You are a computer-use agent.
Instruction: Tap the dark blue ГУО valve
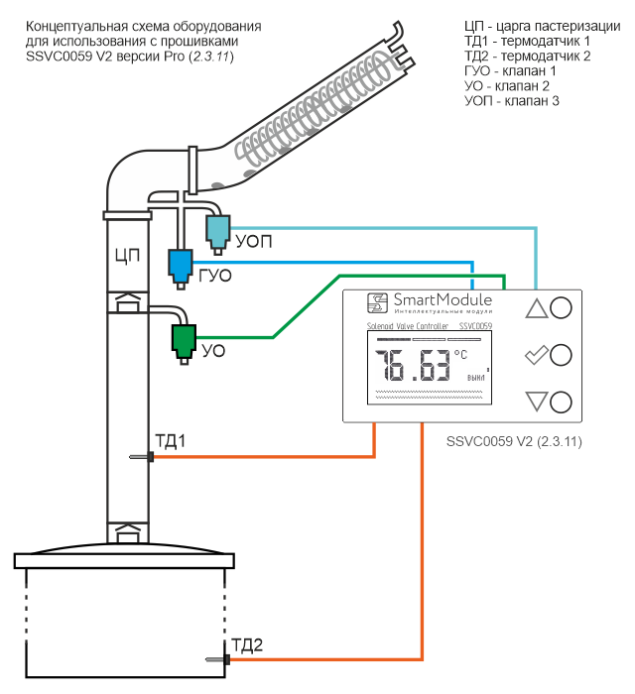point(180,264)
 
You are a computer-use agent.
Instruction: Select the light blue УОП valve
point(217,231)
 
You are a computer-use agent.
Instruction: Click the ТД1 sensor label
point(170,440)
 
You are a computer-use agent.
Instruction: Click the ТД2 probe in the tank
point(216,659)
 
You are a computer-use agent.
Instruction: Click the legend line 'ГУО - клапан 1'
point(510,72)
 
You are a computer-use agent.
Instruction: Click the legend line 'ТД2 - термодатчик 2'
point(527,57)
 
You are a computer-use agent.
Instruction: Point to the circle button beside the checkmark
point(561,355)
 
